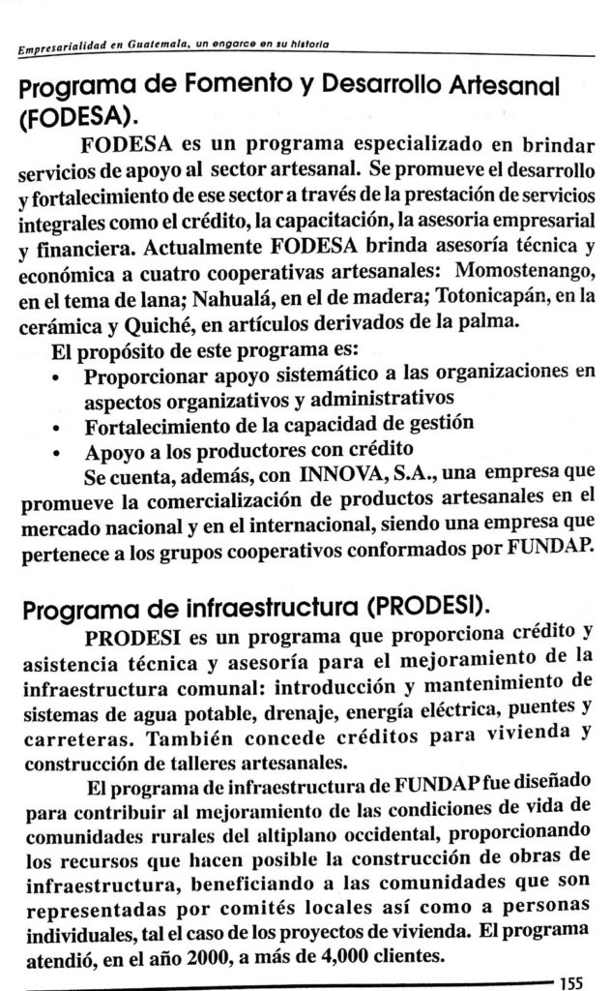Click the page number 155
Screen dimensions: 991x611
(x=577, y=979)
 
